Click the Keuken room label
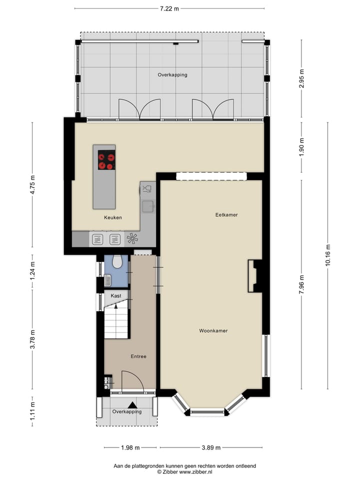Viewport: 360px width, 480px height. pos(113,217)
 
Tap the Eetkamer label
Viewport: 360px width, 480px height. pos(226,215)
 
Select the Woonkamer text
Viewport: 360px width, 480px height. pos(213,331)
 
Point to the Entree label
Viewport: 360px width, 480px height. pos(138,356)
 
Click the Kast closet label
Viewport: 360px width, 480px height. pos(116,296)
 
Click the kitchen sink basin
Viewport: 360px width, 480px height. pos(148,205)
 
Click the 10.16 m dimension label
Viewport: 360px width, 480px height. pos(328,255)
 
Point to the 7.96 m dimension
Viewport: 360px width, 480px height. pos(301,284)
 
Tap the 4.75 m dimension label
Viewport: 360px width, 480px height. pos(32,184)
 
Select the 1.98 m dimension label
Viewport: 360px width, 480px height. pos(130,447)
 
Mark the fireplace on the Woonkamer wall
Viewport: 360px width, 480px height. pos(254,275)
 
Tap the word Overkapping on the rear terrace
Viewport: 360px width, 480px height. pos(172,75)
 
